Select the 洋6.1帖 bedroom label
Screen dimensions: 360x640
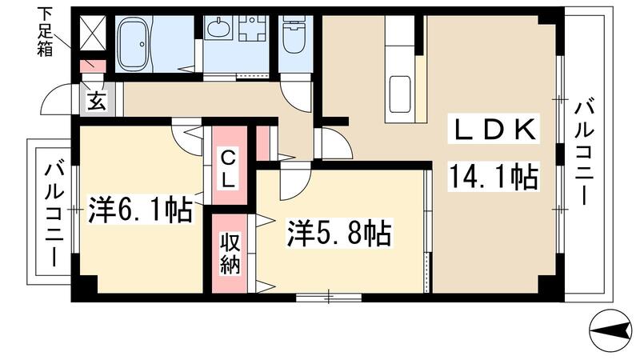141,210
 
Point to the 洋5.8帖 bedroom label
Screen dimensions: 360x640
339,233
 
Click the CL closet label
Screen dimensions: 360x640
228,168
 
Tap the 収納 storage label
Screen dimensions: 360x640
230,253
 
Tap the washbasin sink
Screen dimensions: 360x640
217,30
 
